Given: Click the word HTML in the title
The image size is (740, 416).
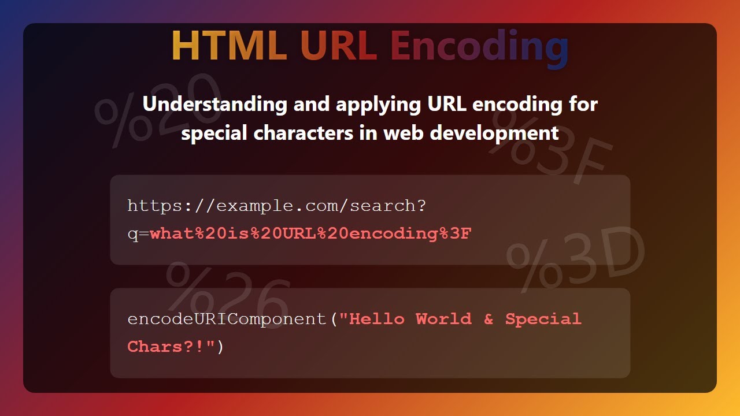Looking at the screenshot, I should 229,46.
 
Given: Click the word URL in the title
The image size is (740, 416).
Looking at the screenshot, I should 338,46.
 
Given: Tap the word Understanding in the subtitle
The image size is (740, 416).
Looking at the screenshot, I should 214,105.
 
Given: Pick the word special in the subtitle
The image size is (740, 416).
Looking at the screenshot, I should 214,134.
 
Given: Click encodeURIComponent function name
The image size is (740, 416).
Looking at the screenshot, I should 227,319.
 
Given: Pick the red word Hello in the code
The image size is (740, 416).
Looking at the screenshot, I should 377,319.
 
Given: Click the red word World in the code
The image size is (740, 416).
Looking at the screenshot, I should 443,319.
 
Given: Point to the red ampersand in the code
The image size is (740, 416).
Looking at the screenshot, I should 489,319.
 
